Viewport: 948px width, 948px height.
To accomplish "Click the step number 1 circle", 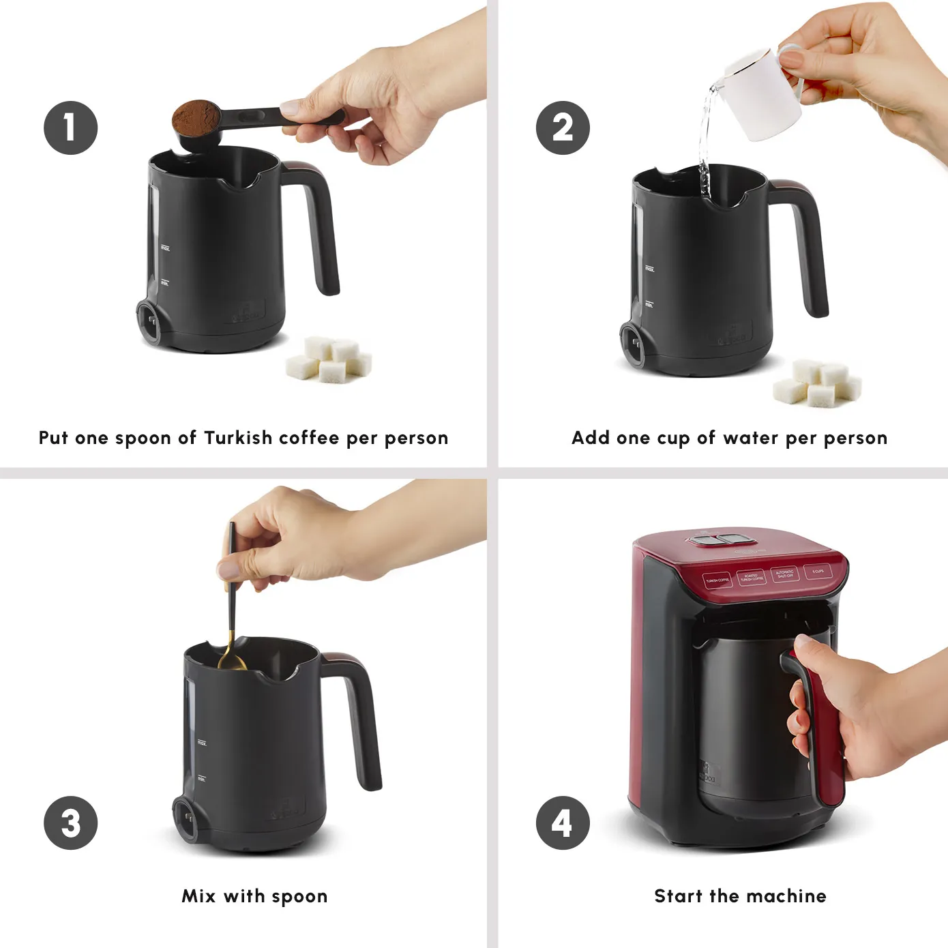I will coord(70,128).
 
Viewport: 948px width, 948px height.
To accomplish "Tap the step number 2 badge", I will coord(562,128).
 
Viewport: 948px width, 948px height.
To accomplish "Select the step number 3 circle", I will coord(70,823).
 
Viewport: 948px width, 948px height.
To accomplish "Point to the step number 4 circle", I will coord(562,823).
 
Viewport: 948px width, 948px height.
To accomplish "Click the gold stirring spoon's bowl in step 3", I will coord(232,662).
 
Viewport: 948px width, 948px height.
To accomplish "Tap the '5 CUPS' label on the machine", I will coord(818,571).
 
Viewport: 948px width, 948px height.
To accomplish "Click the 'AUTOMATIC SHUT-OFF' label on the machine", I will coord(784,574).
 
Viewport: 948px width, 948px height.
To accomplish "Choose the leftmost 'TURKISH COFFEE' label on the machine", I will coord(717,580).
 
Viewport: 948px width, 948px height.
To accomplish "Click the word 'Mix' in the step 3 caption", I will coord(198,896).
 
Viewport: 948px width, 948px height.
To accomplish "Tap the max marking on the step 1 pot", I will coord(164,249).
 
